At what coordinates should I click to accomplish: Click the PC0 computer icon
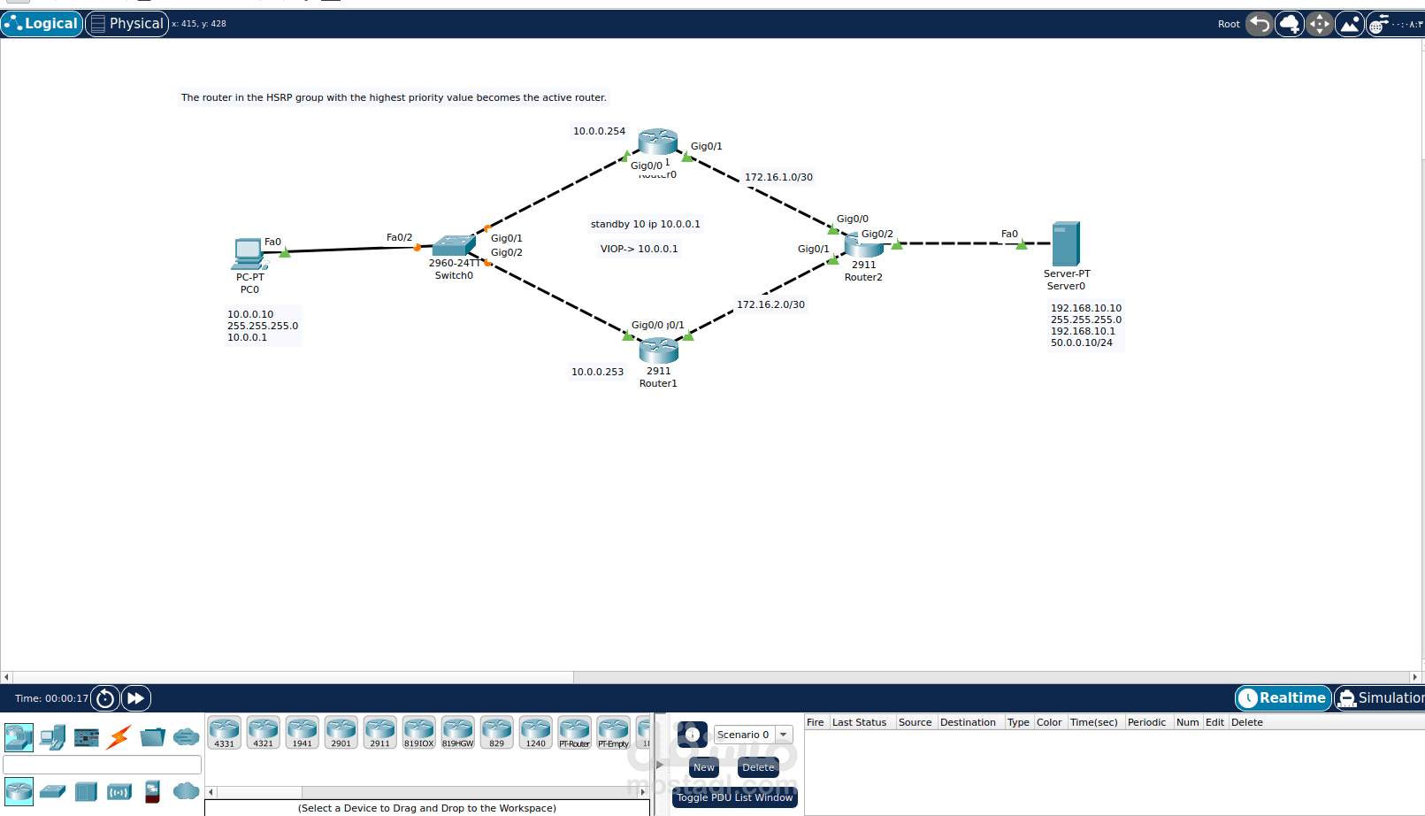(249, 253)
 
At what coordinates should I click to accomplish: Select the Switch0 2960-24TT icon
(454, 245)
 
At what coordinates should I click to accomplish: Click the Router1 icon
(658, 350)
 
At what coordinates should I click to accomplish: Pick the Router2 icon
(863, 244)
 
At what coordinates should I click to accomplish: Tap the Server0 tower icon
(1065, 243)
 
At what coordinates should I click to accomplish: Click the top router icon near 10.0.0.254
(657, 142)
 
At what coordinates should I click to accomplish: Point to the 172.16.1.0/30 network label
(778, 177)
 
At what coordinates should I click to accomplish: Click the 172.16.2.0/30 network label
(770, 304)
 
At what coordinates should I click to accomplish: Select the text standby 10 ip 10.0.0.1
(645, 224)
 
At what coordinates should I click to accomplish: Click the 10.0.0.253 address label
(597, 372)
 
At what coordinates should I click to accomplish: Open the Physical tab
(127, 24)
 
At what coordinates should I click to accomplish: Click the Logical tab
(42, 24)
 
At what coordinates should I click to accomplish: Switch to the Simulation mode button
(1380, 698)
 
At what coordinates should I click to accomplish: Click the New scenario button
(703, 767)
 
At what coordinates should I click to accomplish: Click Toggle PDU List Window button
(734, 797)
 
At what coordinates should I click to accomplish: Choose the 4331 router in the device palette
(225, 732)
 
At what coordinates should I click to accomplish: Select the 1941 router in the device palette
(303, 732)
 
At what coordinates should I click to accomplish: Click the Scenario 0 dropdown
(753, 735)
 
